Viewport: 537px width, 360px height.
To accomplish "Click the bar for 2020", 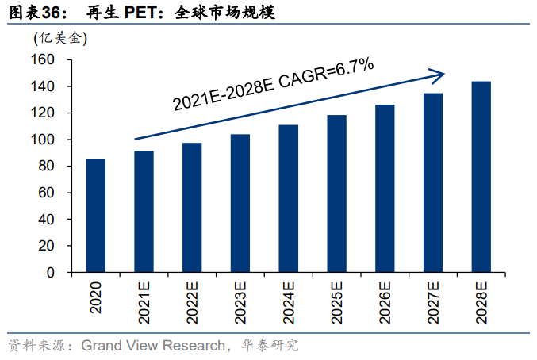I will coord(96,215).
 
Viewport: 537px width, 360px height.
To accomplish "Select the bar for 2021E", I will coord(144,212).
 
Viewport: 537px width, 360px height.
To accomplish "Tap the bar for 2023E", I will coord(240,203).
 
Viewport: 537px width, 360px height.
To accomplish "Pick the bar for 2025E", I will coord(336,193).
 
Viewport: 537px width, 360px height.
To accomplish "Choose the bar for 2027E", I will coord(433,182).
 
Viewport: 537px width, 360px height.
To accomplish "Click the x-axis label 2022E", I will coord(192,302).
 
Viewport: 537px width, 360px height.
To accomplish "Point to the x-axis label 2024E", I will coord(289,302).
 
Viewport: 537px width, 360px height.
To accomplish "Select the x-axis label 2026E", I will coord(385,302).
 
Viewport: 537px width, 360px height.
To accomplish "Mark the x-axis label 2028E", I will coord(481,302).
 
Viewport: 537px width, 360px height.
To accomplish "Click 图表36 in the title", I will coord(31,12).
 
